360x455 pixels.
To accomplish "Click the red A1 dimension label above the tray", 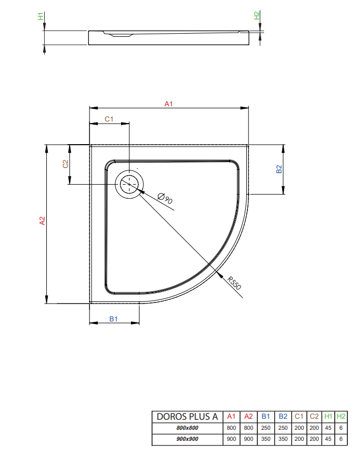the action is click(168, 104).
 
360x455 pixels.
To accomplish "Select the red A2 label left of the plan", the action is click(43, 220).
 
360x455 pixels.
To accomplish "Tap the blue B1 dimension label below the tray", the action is click(114, 319).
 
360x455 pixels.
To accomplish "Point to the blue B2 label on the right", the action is click(279, 169).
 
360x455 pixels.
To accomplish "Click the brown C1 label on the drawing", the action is click(109, 119).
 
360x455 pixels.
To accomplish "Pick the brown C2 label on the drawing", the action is click(66, 164).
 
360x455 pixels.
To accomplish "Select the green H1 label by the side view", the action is click(41, 16).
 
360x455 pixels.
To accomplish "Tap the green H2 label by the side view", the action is click(257, 15).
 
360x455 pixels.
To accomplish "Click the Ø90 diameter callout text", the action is click(165, 198).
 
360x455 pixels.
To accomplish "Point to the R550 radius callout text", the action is click(234, 283).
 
